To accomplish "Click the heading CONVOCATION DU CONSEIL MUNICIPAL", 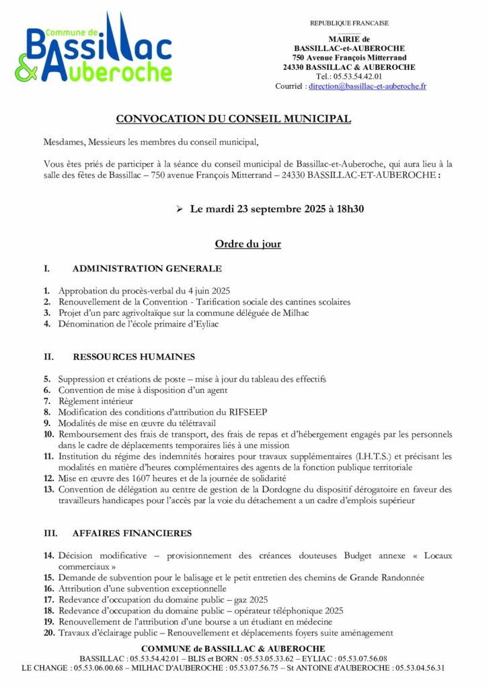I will (233, 119).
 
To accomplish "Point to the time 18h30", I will (348, 209).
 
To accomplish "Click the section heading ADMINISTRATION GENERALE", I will (147, 269).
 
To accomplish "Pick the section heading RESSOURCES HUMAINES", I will (133, 356).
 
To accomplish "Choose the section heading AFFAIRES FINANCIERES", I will (132, 533).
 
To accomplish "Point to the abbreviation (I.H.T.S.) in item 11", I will (374, 456).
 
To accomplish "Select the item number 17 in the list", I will (48, 599).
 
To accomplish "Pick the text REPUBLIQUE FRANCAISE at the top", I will (349, 23).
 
